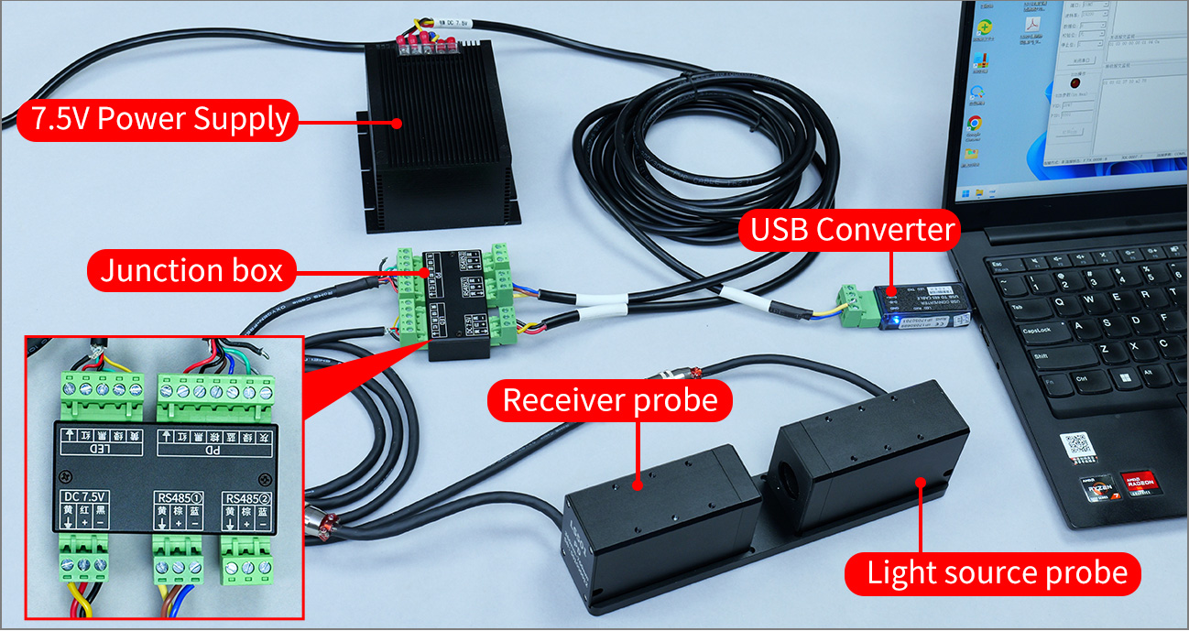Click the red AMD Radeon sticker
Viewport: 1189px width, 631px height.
coord(1137,481)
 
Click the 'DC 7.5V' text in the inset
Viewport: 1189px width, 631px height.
coord(84,497)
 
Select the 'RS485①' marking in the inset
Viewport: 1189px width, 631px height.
coord(178,497)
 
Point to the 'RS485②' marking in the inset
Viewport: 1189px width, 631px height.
coord(248,497)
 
